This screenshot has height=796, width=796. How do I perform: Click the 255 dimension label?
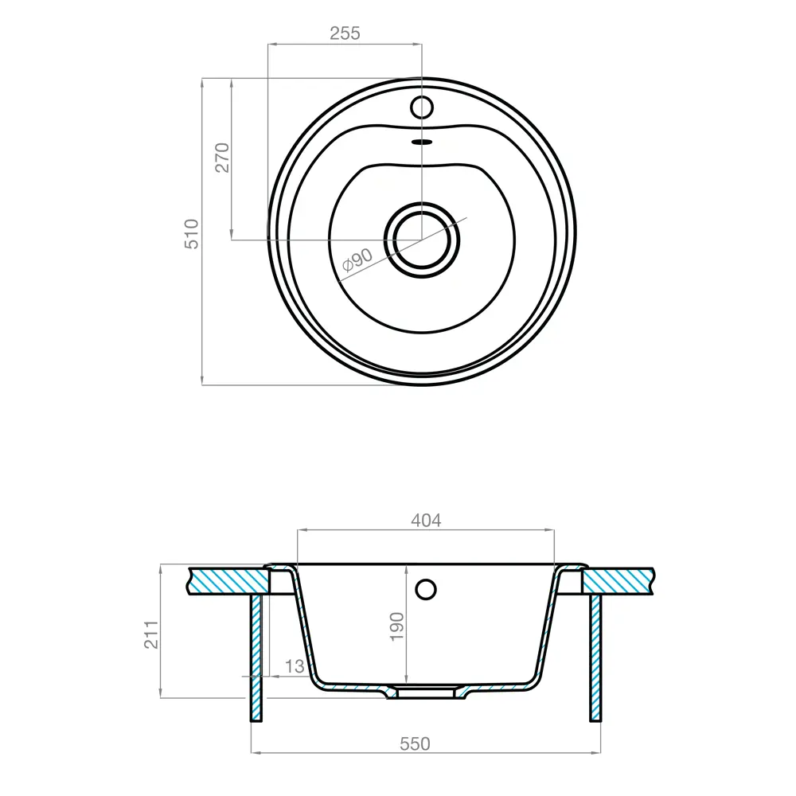point(345,33)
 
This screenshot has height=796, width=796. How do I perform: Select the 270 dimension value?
point(222,158)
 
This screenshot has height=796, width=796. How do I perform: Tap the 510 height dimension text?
point(191,233)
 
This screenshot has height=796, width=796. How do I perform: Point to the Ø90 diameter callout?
point(358,260)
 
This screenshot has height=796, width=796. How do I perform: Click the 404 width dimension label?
point(426,521)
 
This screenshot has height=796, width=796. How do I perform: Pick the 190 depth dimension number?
point(397,626)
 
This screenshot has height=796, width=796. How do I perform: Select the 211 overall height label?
point(151,634)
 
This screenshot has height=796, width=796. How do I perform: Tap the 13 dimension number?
point(295,666)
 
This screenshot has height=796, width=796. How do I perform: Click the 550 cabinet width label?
point(415,743)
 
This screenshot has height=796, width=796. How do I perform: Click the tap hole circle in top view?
point(421,107)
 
